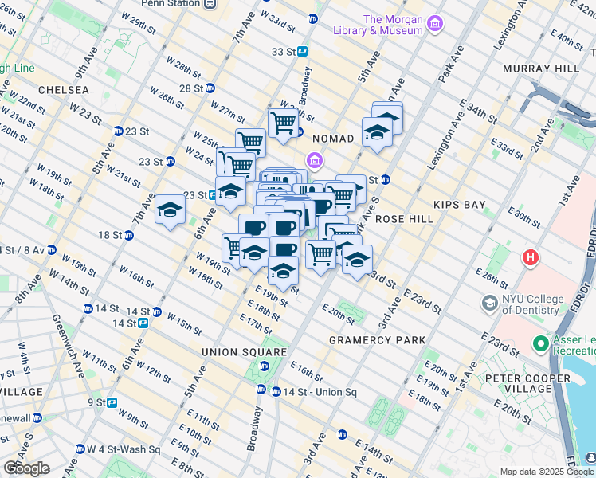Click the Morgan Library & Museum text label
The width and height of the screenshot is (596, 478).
[x=392, y=25]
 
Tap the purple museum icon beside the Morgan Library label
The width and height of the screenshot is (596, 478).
[x=434, y=25]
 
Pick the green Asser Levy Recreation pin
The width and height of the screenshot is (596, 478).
[x=541, y=344]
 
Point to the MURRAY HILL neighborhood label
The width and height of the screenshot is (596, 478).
[x=545, y=69]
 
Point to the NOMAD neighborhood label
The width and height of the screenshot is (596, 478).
[x=332, y=139]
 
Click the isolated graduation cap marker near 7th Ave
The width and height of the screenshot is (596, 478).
[x=171, y=210]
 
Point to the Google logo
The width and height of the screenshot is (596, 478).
[x=26, y=468]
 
